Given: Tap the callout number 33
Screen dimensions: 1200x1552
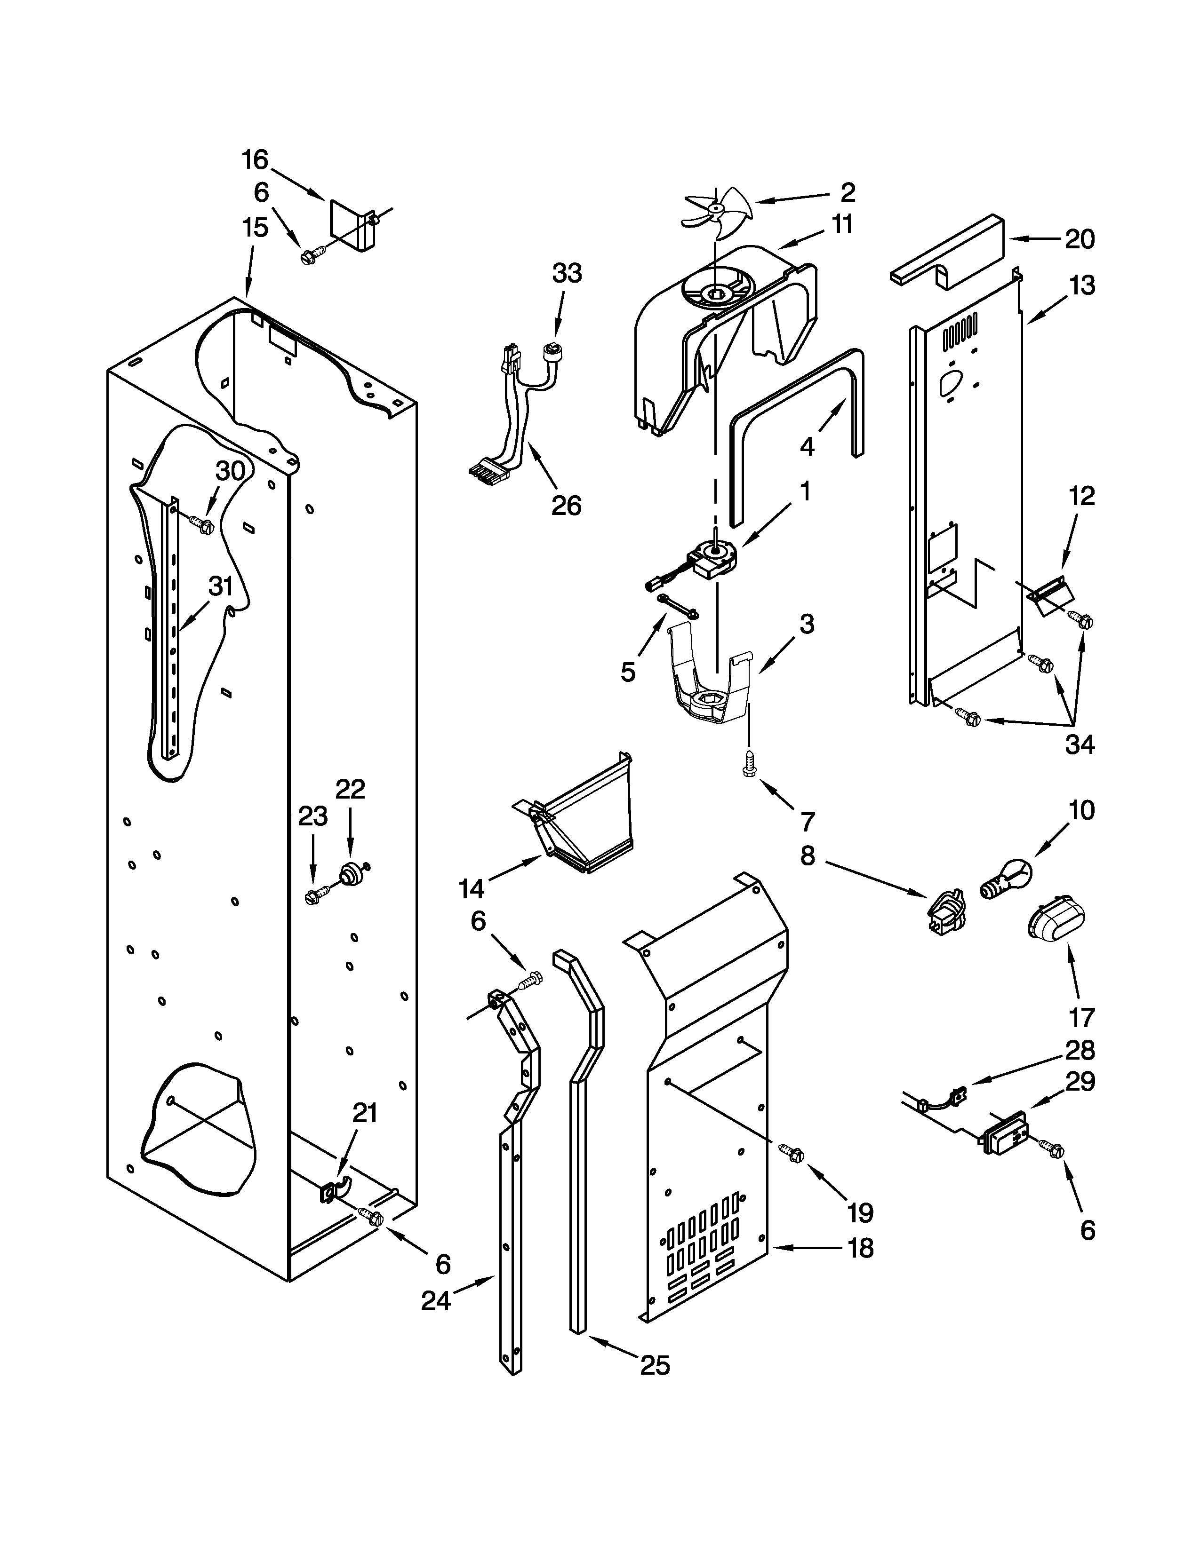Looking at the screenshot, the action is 567,273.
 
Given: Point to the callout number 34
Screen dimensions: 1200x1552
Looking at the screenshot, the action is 1079,744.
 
